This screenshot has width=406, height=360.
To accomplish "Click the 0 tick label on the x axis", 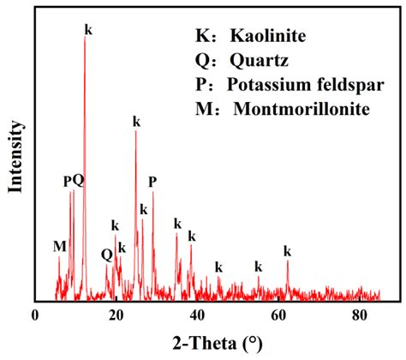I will point(34,315).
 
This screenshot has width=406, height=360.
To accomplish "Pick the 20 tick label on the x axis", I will point(116,315).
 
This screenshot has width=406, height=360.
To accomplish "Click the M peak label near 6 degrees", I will point(59,247).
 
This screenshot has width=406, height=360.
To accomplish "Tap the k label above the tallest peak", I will point(88,29).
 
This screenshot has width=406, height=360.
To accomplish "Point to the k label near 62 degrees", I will point(287,251).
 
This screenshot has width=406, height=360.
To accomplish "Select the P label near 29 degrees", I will point(152,182).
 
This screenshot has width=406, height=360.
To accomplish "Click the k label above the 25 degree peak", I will point(136,122).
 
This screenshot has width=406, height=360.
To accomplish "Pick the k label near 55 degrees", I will point(258,267).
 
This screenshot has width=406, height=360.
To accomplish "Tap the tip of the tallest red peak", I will point(84,39).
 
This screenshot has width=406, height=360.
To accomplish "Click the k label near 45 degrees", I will point(218,267).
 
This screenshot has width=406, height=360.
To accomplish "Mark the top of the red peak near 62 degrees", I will point(287,261).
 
